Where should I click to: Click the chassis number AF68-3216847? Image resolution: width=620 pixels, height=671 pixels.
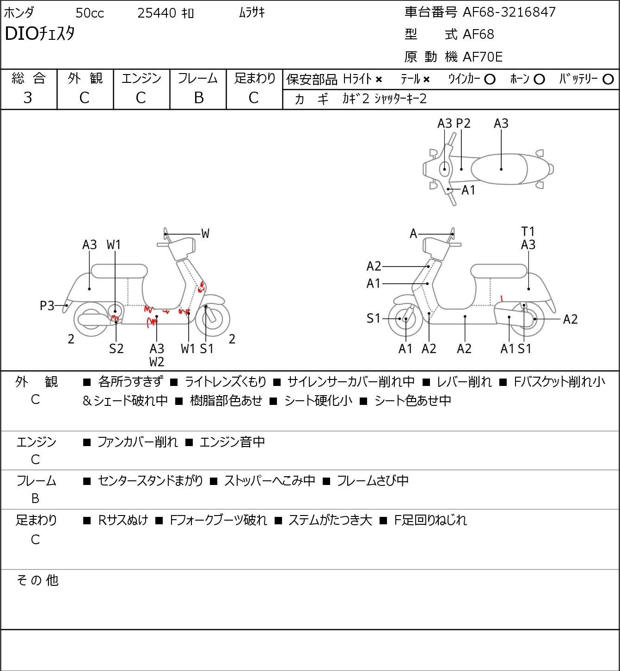coord(509,12)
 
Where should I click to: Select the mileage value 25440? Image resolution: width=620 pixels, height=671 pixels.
coord(157,13)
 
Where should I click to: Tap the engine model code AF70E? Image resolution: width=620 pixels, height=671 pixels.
coord(483,57)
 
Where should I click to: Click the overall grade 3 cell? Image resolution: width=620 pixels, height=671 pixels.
coord(28,98)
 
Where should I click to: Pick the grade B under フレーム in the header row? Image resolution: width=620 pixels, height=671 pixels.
coord(198,98)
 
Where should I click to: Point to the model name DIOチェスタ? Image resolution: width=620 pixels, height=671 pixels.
coord(40,34)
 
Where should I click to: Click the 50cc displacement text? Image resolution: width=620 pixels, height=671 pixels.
coord(90,13)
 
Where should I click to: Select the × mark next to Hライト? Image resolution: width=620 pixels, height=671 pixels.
coord(379,80)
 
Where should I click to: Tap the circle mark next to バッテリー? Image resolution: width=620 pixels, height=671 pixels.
coord(608,79)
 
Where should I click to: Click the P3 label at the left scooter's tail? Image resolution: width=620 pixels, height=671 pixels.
coord(47,305)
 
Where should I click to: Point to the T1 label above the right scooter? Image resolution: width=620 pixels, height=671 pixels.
coord(528,231)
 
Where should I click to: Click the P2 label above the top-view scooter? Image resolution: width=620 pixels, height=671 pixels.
coord(463,123)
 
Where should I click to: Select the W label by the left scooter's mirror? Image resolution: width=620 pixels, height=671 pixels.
coord(205,234)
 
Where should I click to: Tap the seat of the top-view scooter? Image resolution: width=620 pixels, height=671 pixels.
coord(499,169)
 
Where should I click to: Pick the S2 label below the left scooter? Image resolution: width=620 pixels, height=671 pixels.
coord(116,348)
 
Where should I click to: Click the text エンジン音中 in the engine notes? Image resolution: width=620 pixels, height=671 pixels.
coord(232,442)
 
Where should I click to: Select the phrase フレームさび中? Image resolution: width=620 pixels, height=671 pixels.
coord(373,480)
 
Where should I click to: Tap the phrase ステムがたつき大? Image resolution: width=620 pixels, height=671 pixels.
coord(330,520)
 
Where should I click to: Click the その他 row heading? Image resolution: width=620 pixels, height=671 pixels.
coord(37,580)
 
